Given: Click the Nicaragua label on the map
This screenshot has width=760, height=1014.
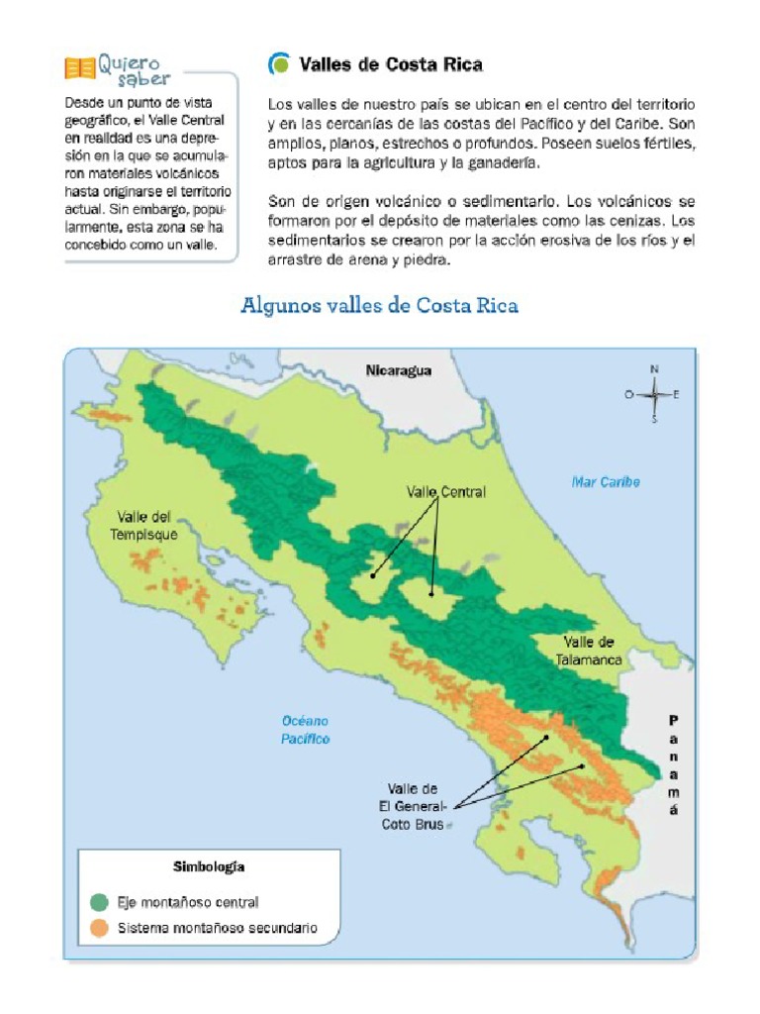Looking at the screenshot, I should tap(399, 370).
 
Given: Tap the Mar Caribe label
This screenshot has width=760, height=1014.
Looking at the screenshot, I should tap(606, 482).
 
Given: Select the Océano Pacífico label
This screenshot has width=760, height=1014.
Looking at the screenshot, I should tap(305, 730).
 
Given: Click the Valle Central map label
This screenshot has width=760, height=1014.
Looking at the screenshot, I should tap(446, 492).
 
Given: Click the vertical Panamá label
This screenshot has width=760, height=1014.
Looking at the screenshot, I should tap(674, 764).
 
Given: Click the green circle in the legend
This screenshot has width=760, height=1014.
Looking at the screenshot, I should tap(99, 902).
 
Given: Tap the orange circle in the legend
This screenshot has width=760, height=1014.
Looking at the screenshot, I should tap(99, 929).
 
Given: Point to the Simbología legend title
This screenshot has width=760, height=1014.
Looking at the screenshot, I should tap(209, 866).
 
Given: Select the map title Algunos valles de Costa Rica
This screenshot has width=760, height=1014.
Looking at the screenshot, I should tap(380, 305).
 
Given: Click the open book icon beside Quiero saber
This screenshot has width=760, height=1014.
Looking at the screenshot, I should tap(79, 69).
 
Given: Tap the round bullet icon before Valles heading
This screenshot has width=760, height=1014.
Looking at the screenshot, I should tap(280, 64).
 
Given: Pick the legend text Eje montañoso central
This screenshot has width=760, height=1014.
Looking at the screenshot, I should tap(188, 902).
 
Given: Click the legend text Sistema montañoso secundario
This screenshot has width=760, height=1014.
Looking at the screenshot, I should tap(218, 929).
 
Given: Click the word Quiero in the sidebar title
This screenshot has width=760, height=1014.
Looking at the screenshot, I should tap(128, 63).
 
